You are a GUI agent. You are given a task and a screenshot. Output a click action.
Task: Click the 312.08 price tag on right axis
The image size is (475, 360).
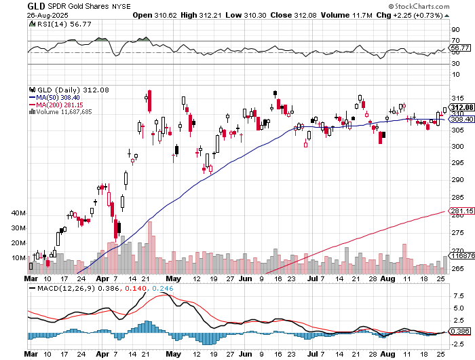[461, 107]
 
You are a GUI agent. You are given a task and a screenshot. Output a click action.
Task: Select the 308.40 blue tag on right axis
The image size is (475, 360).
[461, 119]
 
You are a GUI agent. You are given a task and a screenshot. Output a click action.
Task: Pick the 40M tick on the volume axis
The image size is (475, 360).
[18, 213]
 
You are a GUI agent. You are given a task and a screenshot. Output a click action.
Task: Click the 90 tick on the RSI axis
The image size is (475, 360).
[455, 31]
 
